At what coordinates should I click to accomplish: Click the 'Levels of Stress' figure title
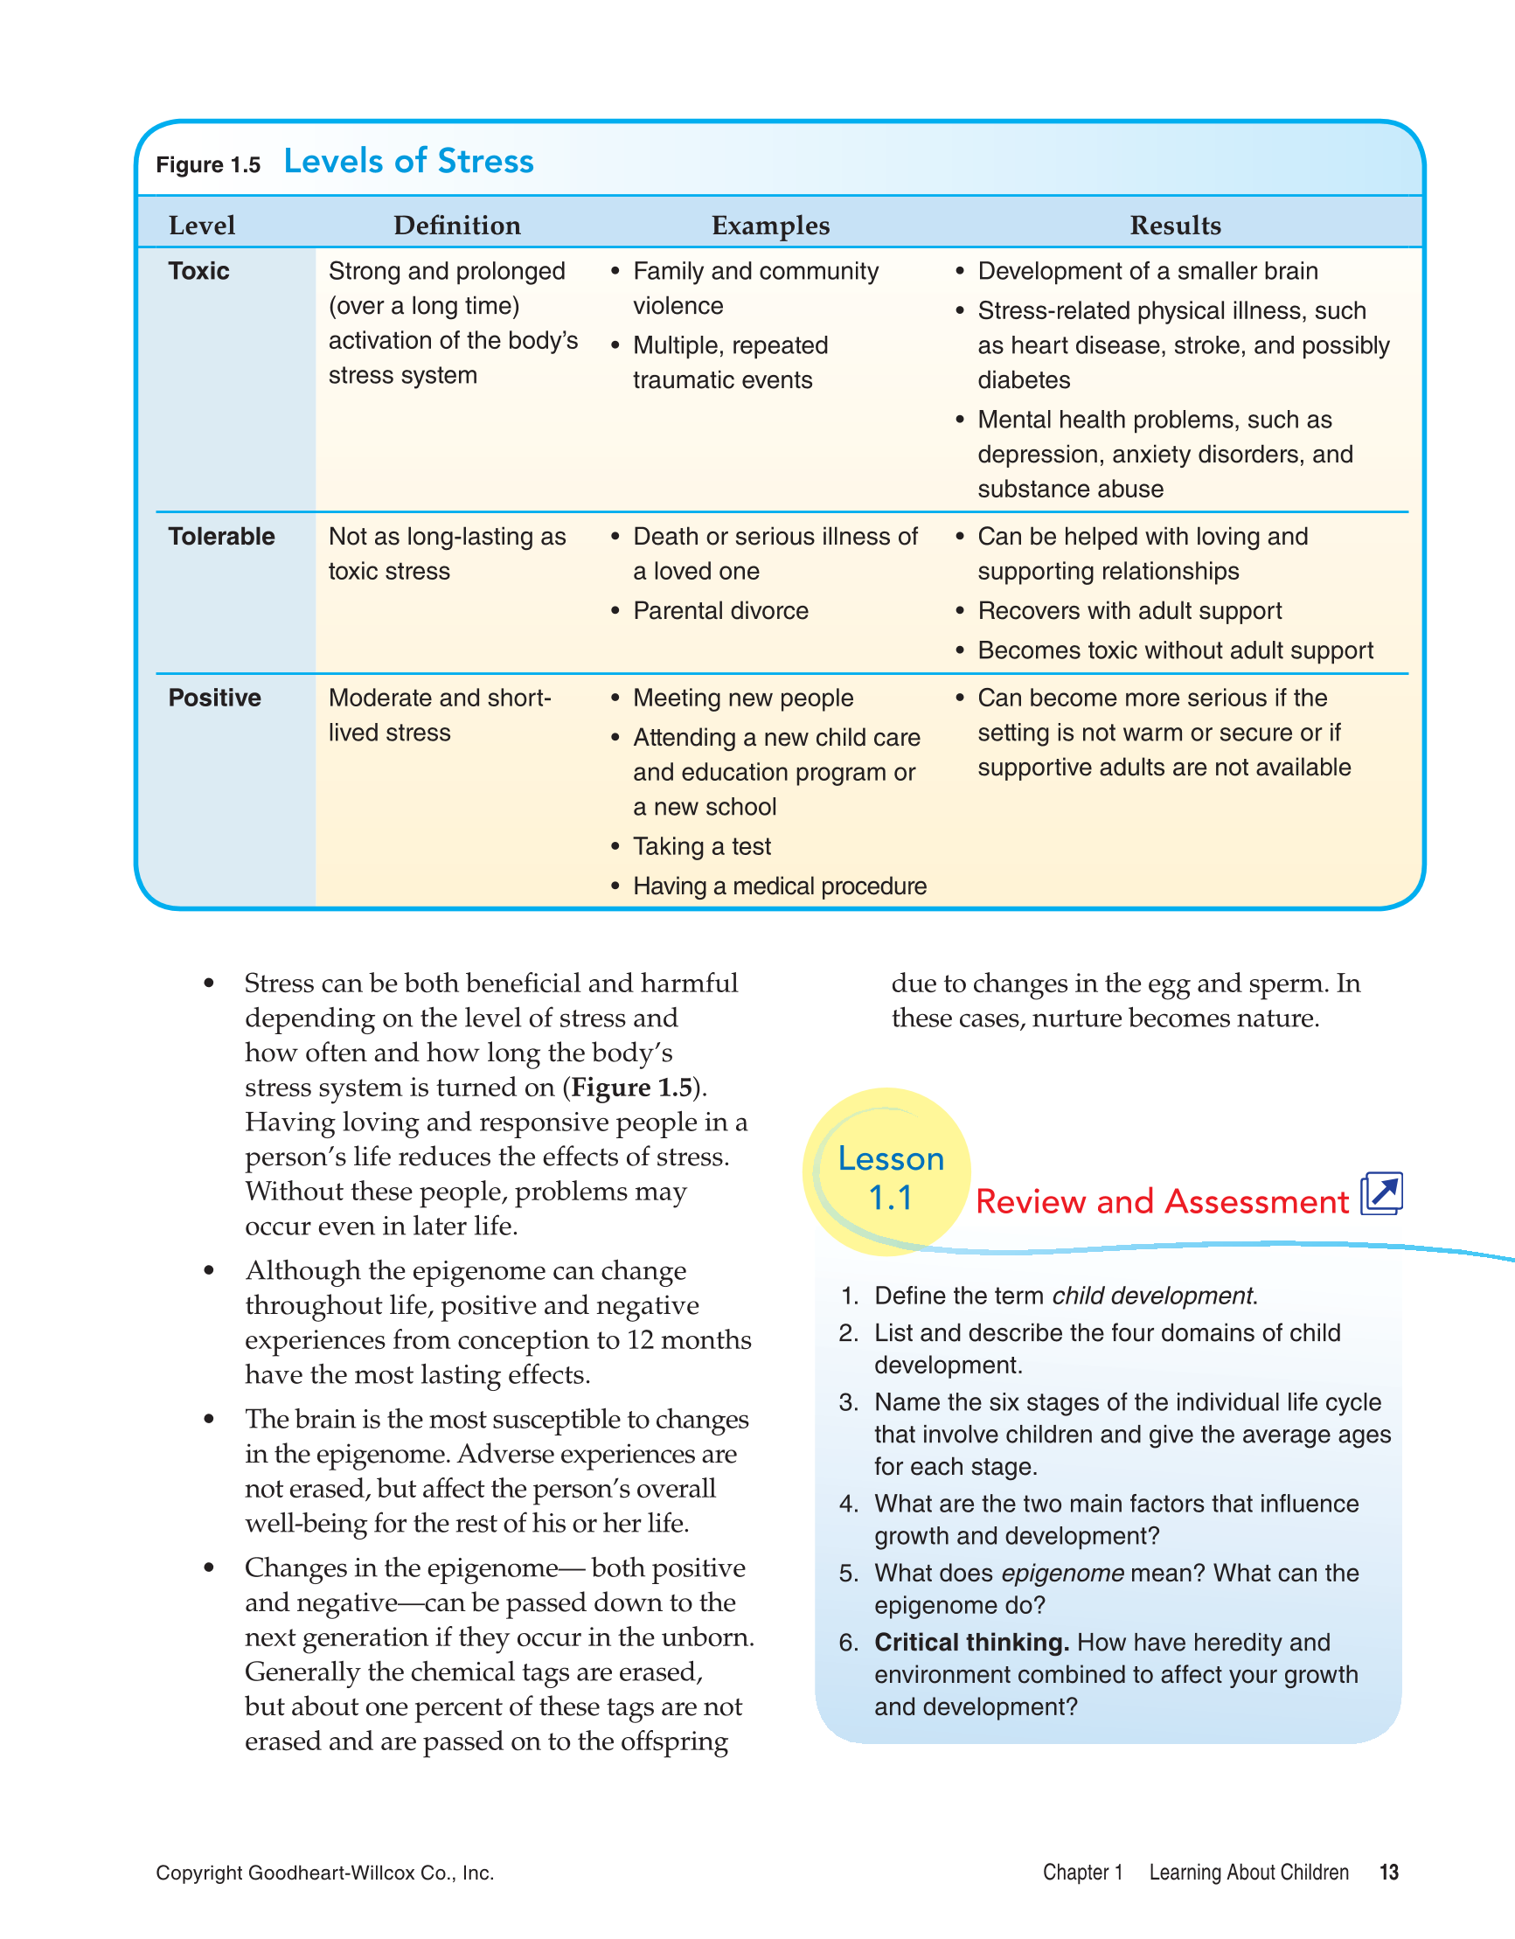click(x=408, y=162)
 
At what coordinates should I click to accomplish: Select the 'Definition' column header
click(x=456, y=226)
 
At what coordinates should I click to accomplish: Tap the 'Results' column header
click(x=1174, y=226)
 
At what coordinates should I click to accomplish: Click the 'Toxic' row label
click(x=199, y=271)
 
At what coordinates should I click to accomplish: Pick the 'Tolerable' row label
click(x=221, y=536)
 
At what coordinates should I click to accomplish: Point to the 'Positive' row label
click(x=214, y=698)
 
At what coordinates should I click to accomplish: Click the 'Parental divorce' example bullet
click(x=720, y=611)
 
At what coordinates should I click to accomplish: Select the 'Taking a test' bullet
click(x=702, y=846)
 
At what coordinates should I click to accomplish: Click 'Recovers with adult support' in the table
click(x=1129, y=611)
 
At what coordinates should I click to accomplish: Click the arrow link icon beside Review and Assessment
click(x=1382, y=1193)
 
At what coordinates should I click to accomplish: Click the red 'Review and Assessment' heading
click(x=1162, y=1202)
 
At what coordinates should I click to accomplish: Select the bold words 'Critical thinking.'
click(x=971, y=1643)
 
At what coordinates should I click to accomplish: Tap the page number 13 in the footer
click(x=1388, y=1873)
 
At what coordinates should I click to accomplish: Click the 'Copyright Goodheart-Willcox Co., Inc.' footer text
click(x=325, y=1873)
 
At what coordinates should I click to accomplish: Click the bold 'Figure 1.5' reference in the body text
click(x=631, y=1088)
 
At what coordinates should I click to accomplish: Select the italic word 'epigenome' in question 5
click(x=1062, y=1574)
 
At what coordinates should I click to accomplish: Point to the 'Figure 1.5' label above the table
click(x=208, y=165)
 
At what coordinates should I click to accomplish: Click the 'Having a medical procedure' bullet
click(x=779, y=886)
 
